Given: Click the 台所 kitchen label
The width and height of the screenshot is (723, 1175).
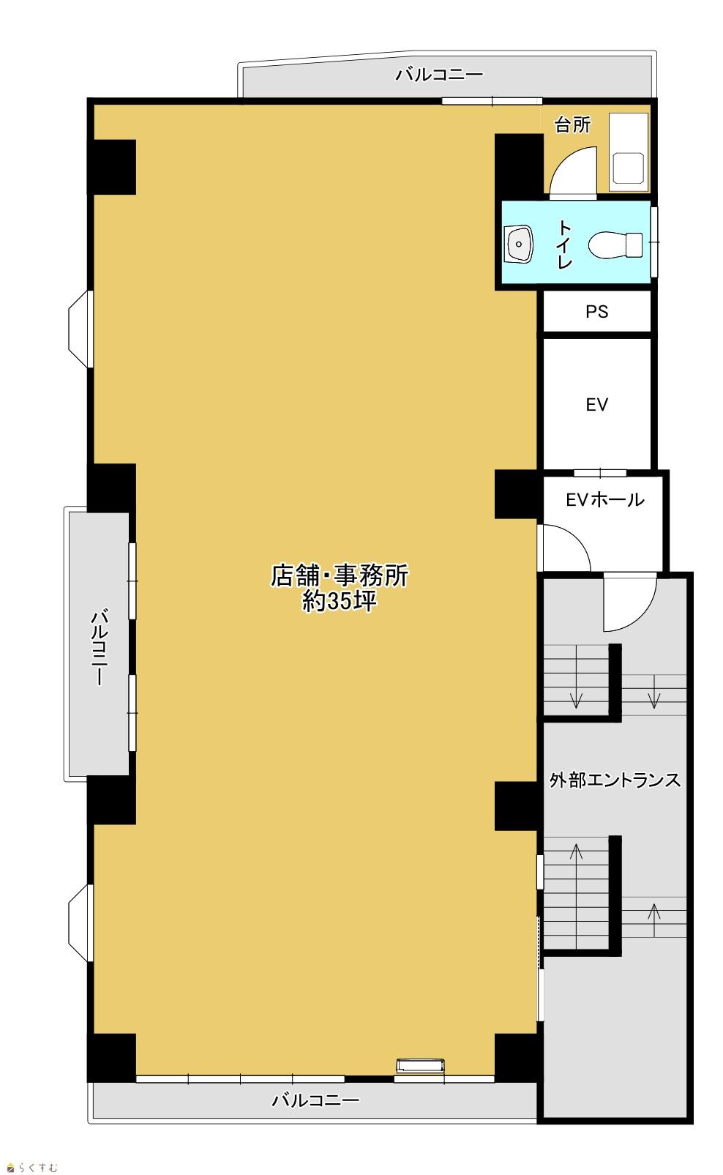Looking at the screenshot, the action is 572,125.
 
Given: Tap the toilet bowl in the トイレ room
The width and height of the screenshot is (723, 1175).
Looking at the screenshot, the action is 615,245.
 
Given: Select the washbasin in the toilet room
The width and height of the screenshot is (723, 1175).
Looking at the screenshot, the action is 518,244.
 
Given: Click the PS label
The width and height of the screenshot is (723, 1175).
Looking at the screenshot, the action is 596,312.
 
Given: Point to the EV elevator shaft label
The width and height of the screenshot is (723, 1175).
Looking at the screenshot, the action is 596,404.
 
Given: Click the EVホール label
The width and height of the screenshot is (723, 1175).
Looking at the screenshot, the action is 605,499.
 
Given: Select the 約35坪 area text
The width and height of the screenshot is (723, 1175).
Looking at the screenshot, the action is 340,600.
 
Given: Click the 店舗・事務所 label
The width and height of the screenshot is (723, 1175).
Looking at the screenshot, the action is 340,575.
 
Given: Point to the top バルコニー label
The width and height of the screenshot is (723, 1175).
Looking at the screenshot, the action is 439,75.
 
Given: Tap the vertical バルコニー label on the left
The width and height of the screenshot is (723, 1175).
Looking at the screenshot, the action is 100,646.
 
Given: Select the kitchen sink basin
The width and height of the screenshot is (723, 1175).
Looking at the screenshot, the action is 628,168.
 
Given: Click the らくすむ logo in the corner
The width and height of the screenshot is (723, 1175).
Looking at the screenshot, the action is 32,1168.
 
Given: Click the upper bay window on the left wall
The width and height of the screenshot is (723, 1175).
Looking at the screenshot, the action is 80,329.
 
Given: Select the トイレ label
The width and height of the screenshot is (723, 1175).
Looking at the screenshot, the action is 564,245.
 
